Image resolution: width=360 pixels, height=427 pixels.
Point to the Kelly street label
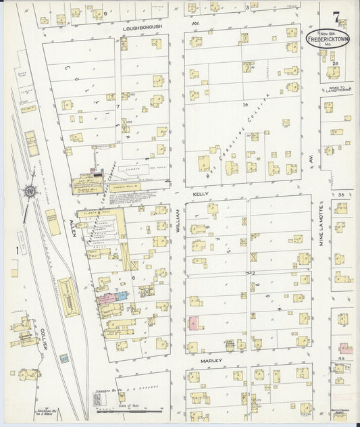pos(200,193)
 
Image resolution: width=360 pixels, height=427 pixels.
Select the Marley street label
pos(211,361)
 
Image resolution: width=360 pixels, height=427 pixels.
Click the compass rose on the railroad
pos(30,191)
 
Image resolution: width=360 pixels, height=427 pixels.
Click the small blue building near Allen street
pos(123,296)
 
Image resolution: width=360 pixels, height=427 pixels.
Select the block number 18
pos(246,104)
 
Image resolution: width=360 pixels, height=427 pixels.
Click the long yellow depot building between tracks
pos(69,296)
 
